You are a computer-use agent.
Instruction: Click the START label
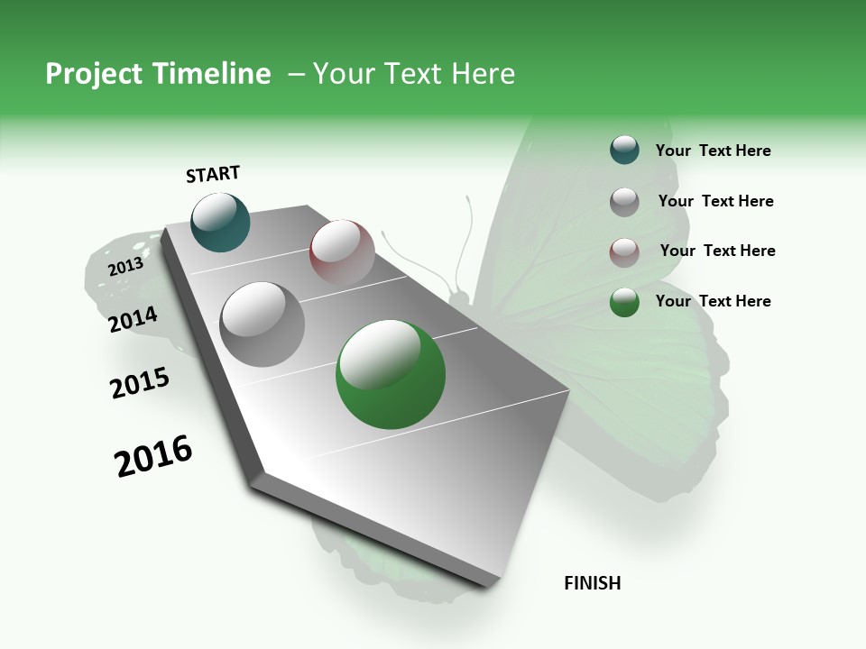coord(213,174)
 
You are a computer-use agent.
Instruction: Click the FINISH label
coord(593,583)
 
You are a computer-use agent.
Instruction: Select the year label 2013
coord(125,267)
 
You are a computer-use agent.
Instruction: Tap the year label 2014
coord(134,320)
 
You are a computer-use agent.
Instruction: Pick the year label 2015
coord(140,383)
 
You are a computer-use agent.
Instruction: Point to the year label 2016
coord(153,456)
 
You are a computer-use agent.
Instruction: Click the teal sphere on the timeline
coord(221,223)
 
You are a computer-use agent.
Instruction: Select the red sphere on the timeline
coord(342,252)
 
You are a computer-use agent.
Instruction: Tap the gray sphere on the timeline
coord(263,324)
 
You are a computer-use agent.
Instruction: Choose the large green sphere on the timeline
coord(391,374)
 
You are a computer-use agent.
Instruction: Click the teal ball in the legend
coord(624,151)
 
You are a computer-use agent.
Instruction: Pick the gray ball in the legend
coord(624,201)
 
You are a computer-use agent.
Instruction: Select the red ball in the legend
coord(624,251)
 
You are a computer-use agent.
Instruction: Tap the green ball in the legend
coord(624,302)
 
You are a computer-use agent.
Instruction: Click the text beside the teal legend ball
coord(713,151)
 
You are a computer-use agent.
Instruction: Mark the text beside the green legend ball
coord(713,301)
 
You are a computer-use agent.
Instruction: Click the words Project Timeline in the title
coord(158,74)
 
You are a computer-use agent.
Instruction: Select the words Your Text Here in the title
coord(414,74)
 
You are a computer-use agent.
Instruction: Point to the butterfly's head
coord(459,295)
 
